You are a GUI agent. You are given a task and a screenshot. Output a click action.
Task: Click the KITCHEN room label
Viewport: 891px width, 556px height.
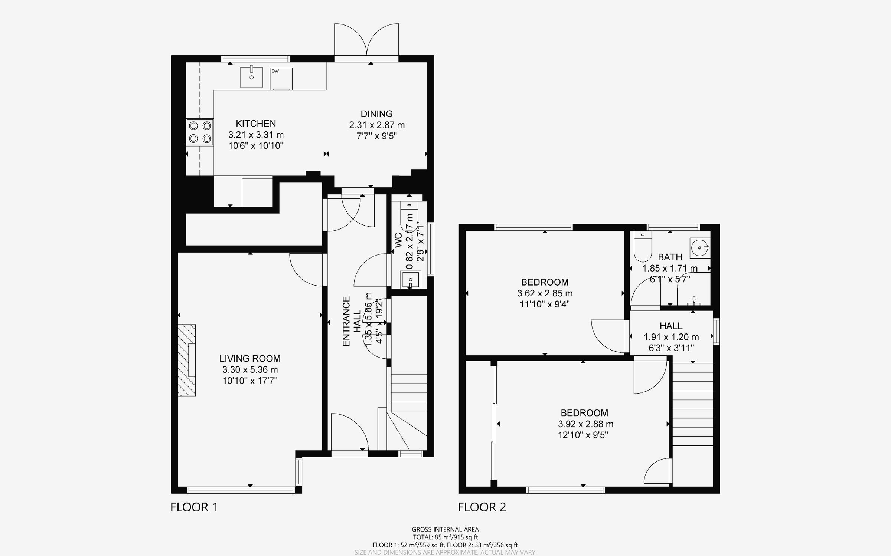pyautogui.click(x=256, y=124)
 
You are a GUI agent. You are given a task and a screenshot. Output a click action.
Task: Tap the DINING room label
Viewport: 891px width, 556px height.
pyautogui.click(x=376, y=114)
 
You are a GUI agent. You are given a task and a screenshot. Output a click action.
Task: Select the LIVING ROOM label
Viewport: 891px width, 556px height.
pyautogui.click(x=250, y=358)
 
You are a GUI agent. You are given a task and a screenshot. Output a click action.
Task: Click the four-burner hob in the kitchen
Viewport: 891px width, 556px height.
pyautogui.click(x=200, y=132)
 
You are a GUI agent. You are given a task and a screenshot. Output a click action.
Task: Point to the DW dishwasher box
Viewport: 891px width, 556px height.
pyautogui.click(x=281, y=78)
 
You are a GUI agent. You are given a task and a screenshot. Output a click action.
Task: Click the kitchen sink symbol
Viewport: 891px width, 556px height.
pyautogui.click(x=251, y=77)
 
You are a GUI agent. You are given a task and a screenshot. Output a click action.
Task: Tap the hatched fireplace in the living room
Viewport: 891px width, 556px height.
pyautogui.click(x=187, y=360)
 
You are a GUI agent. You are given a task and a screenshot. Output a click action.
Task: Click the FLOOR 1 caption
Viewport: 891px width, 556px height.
pyautogui.click(x=194, y=507)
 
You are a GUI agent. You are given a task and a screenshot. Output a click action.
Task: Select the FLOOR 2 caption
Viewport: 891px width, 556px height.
pyautogui.click(x=482, y=507)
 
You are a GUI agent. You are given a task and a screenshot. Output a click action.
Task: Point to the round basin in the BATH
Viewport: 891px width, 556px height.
pyautogui.click(x=700, y=248)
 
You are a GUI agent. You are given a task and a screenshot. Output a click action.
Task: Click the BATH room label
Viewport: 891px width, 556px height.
pyautogui.click(x=670, y=257)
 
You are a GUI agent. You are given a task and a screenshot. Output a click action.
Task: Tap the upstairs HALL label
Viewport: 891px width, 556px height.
pyautogui.click(x=671, y=326)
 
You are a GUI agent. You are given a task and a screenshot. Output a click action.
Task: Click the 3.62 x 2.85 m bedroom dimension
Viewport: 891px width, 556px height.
pyautogui.click(x=545, y=293)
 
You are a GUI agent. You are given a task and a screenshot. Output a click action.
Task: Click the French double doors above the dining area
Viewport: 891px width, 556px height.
pyautogui.click(x=366, y=41)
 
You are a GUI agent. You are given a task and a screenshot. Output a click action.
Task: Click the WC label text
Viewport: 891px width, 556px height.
pyautogui.click(x=398, y=240)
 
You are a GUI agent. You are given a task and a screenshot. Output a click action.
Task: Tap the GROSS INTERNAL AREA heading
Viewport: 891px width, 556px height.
pyautogui.click(x=445, y=530)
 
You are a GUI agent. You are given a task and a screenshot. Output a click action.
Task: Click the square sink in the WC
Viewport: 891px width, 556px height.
pyautogui.click(x=410, y=280)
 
